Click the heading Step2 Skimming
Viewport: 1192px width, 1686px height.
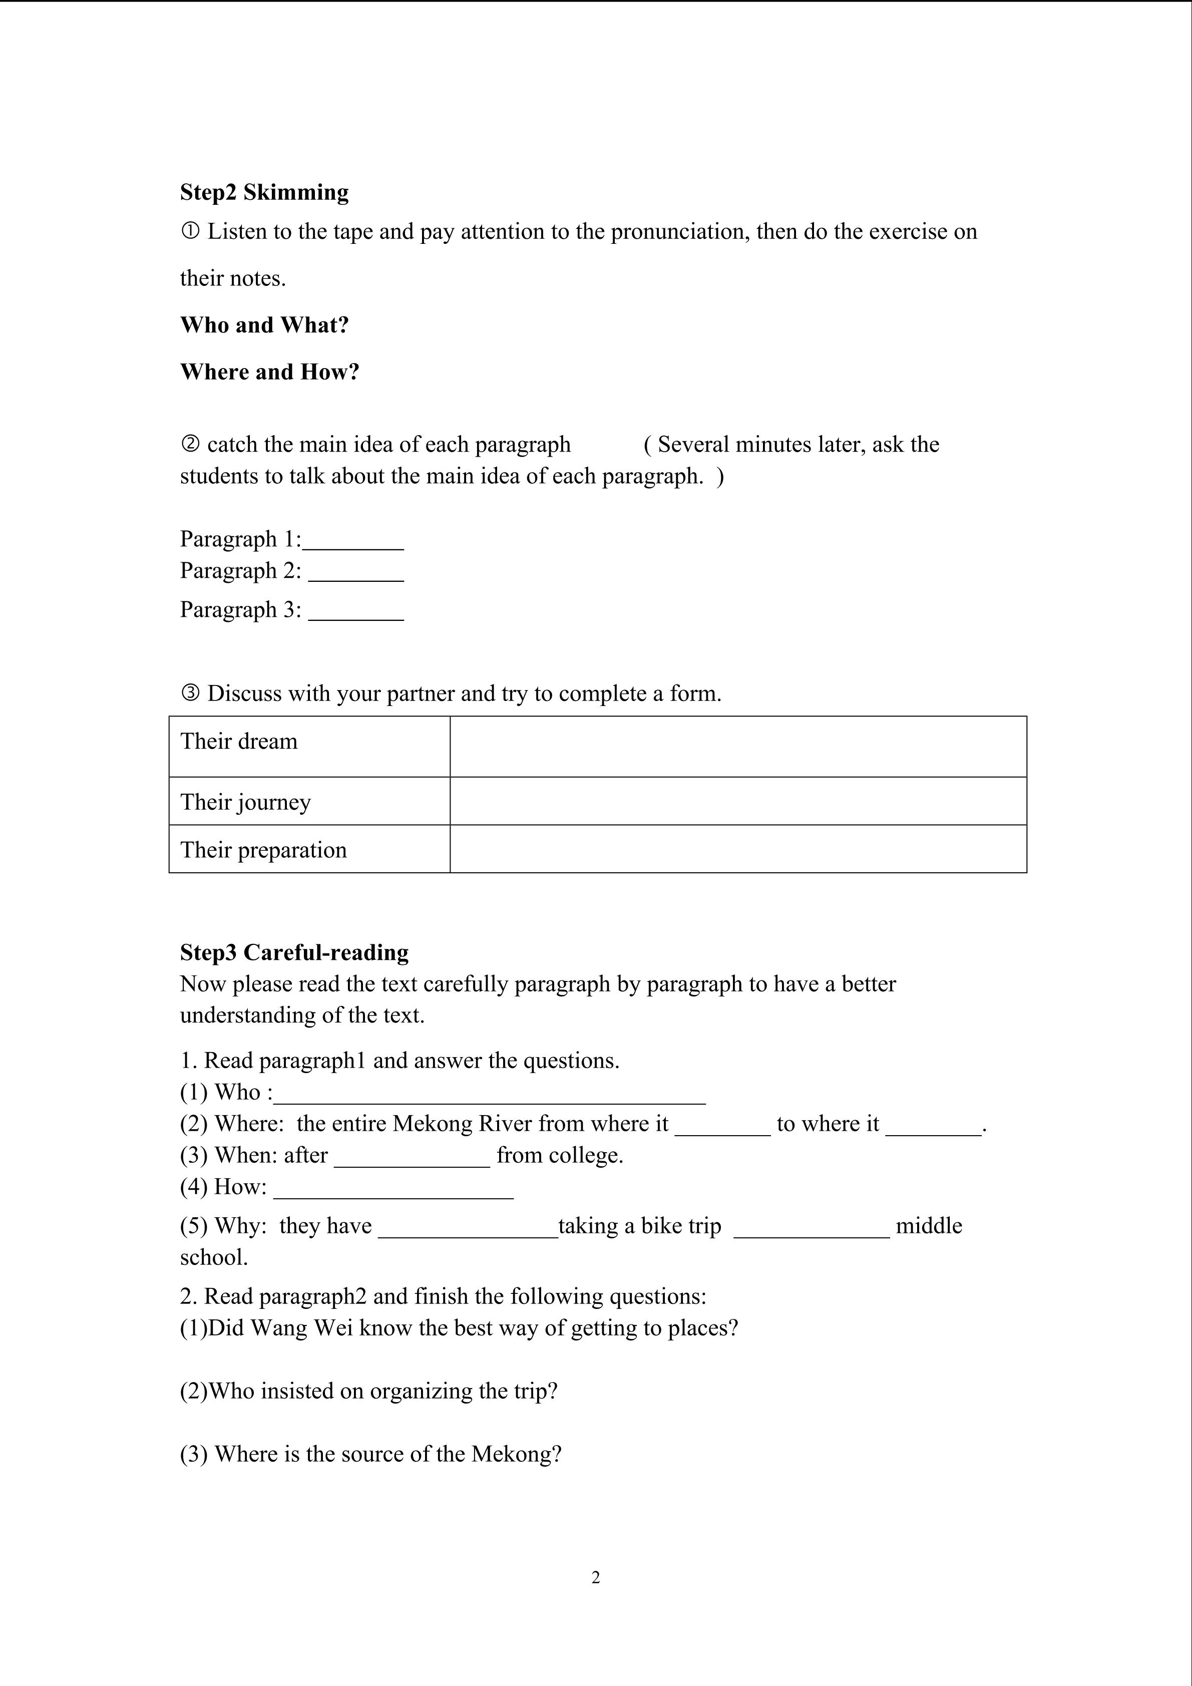click(264, 192)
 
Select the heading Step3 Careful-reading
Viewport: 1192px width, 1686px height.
click(294, 952)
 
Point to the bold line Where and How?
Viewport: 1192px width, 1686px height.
click(269, 372)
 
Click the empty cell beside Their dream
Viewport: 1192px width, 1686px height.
click(737, 746)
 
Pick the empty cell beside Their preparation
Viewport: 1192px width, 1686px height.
click(737, 849)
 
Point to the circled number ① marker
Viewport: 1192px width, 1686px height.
click(189, 232)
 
